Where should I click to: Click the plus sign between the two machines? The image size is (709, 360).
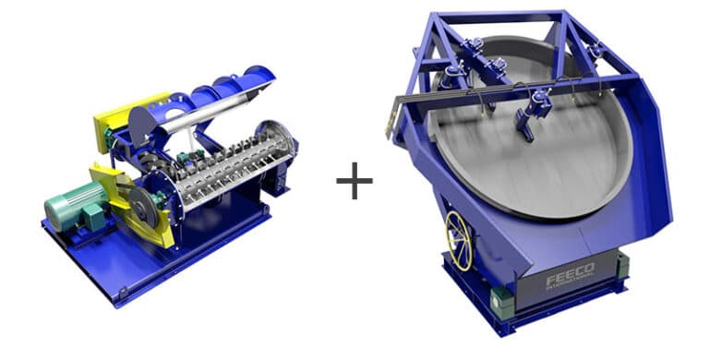[354, 182]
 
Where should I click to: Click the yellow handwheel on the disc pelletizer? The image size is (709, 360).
[459, 242]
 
